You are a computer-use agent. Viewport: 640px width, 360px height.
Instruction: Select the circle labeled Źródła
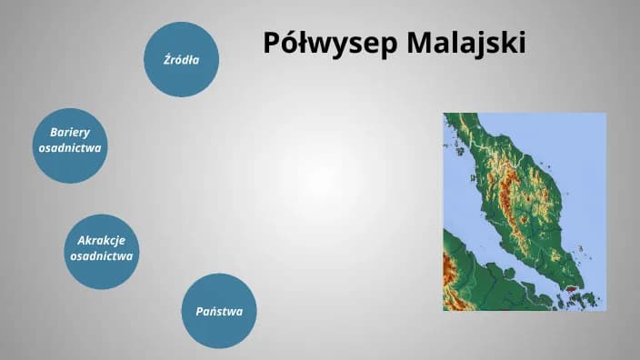point(182,60)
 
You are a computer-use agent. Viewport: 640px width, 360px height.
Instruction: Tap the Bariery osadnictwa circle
point(70,145)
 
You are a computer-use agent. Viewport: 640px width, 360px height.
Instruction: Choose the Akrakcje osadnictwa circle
point(102,250)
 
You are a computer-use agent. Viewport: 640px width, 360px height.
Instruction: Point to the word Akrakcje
point(102,240)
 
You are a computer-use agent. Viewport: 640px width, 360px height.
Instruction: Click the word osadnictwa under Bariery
point(70,147)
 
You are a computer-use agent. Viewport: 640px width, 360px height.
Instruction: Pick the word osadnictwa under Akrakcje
point(102,256)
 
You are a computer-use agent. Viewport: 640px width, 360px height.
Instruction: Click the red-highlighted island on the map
point(571,289)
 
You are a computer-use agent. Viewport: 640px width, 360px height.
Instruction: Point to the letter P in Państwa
point(200,312)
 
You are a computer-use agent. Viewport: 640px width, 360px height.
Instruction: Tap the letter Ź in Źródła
point(167,59)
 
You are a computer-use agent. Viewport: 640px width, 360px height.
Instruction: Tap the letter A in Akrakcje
point(81,240)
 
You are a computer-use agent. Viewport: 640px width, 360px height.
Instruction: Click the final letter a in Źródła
point(195,60)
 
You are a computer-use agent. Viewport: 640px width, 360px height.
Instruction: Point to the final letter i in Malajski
point(522,43)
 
